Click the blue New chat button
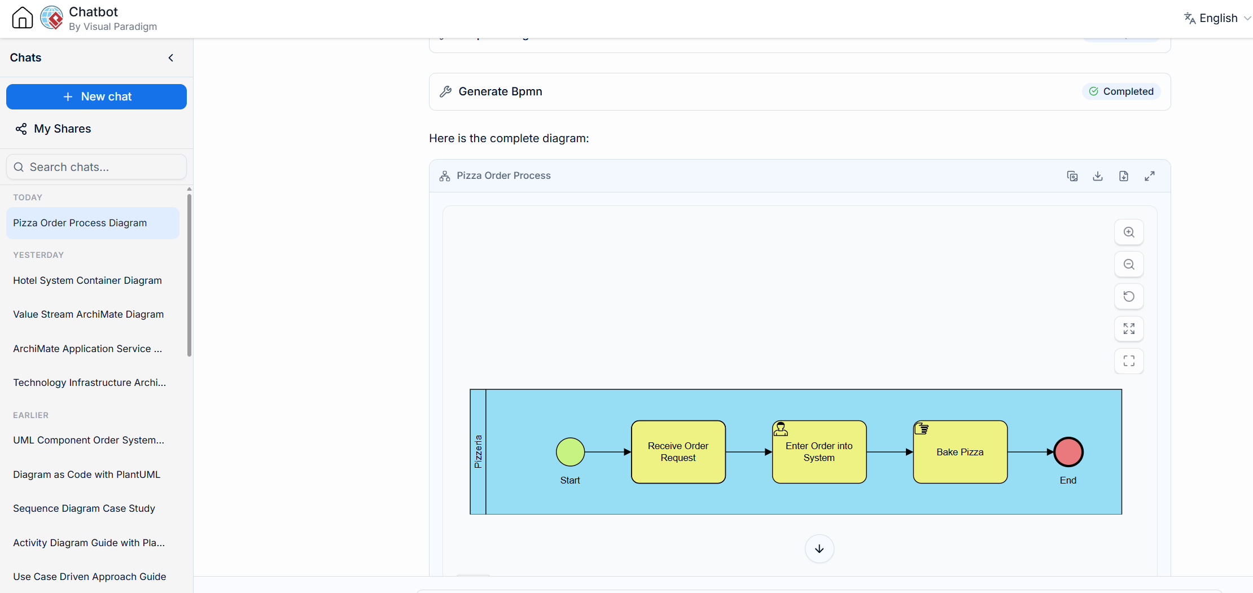pyautogui.click(x=97, y=96)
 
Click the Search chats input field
pyautogui.click(x=97, y=167)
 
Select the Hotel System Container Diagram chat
pyautogui.click(x=87, y=280)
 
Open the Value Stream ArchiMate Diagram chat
pyautogui.click(x=89, y=314)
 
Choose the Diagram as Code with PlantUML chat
pyautogui.click(x=87, y=475)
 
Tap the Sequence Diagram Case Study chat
pyautogui.click(x=84, y=508)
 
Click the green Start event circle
pyautogui.click(x=571, y=452)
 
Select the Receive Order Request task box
pyautogui.click(x=678, y=452)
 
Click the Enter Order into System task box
pyautogui.click(x=820, y=452)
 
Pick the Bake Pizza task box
pyautogui.click(x=960, y=452)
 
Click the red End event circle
pyautogui.click(x=1068, y=452)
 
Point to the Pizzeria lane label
pyautogui.click(x=478, y=451)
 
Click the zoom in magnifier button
pyautogui.click(x=1129, y=232)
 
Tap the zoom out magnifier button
pyautogui.click(x=1129, y=265)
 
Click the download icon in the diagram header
pyautogui.click(x=1098, y=176)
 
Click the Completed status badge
pyautogui.click(x=1121, y=91)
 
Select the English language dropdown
pyautogui.click(x=1217, y=18)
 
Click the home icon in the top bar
pyautogui.click(x=23, y=17)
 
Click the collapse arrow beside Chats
pyautogui.click(x=171, y=58)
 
